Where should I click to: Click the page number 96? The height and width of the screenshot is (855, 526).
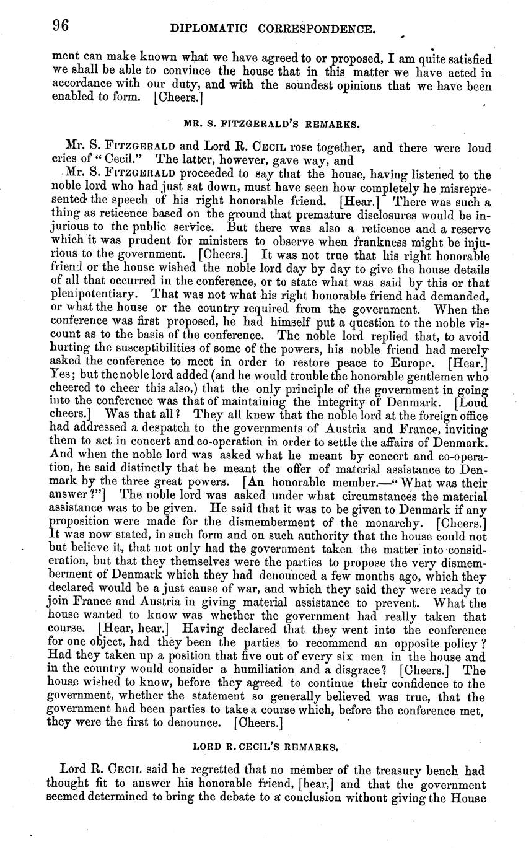pyautogui.click(x=60, y=25)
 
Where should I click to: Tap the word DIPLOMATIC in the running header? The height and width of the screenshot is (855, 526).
pyautogui.click(x=205, y=28)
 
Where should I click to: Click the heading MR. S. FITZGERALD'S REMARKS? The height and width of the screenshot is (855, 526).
pyautogui.click(x=271, y=124)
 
